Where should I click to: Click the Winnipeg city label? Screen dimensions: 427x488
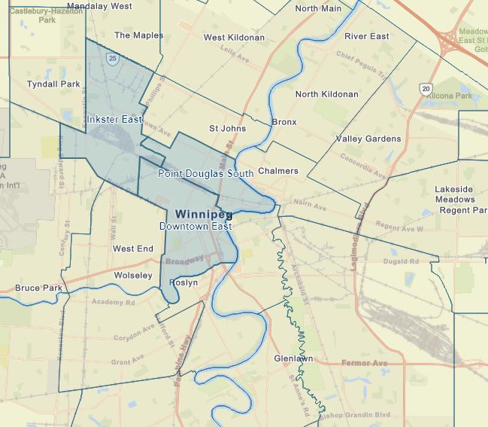pyautogui.click(x=203, y=214)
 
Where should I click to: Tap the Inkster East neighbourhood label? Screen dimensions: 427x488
pyautogui.click(x=114, y=120)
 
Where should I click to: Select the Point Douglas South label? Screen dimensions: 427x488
pyautogui.click(x=205, y=173)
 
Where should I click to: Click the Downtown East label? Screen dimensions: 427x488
pyautogui.click(x=195, y=226)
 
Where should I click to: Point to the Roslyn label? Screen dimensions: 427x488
pyautogui.click(x=184, y=282)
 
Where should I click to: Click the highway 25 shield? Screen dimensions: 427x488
pyautogui.click(x=111, y=57)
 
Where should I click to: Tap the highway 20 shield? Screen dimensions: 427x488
pyautogui.click(x=426, y=89)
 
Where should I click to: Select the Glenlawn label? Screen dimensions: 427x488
pyautogui.click(x=293, y=358)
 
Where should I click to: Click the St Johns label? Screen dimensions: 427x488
pyautogui.click(x=227, y=129)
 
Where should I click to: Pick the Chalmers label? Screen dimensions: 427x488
pyautogui.click(x=278, y=171)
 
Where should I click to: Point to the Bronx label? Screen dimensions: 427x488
pyautogui.click(x=284, y=122)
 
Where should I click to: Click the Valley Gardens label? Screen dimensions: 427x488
pyautogui.click(x=368, y=139)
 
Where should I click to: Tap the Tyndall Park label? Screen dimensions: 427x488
pyautogui.click(x=53, y=84)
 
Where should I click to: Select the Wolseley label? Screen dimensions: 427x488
pyautogui.click(x=132, y=276)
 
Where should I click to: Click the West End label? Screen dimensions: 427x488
pyautogui.click(x=133, y=249)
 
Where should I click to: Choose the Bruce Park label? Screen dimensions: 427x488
pyautogui.click(x=38, y=288)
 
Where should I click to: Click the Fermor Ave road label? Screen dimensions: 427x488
pyautogui.click(x=364, y=364)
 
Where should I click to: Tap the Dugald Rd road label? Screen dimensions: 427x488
pyautogui.click(x=401, y=261)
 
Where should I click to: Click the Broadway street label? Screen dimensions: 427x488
pyautogui.click(x=184, y=259)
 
